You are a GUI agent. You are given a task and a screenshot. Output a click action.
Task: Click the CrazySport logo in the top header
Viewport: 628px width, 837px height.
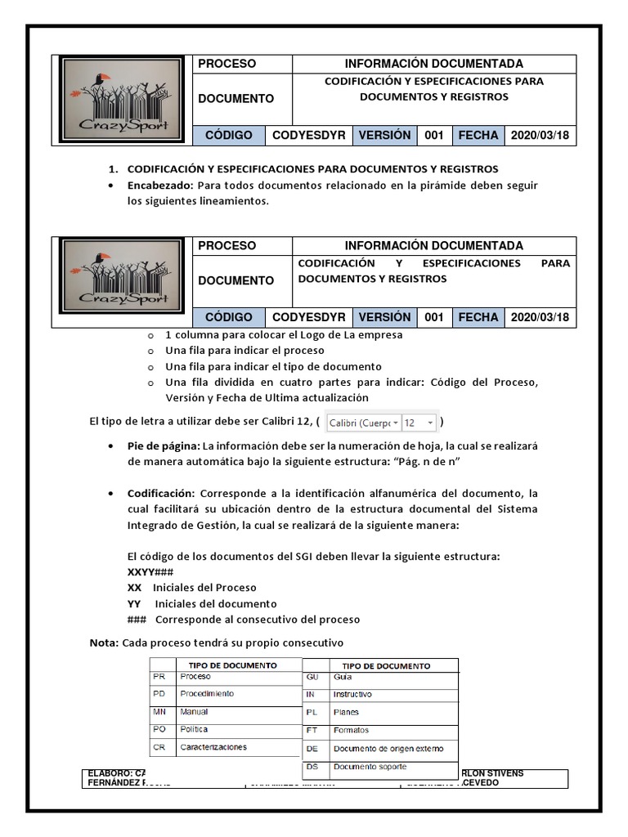(122, 100)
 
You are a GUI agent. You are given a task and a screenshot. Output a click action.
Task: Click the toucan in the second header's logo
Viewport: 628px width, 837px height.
(103, 261)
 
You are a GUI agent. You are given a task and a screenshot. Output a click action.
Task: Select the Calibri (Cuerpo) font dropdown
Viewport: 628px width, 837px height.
(364, 423)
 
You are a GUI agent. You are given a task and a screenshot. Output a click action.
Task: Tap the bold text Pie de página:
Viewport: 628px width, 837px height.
(164, 445)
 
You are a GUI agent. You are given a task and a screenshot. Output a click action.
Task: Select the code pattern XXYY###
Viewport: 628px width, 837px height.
(150, 571)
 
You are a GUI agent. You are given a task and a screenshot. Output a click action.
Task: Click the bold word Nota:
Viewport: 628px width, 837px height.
(104, 642)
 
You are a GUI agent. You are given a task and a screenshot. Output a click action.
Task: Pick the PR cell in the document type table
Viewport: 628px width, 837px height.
(159, 677)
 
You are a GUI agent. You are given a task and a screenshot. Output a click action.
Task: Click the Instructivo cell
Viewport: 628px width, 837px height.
(352, 695)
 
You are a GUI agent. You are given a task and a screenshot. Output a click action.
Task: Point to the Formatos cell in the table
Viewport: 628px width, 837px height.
(351, 730)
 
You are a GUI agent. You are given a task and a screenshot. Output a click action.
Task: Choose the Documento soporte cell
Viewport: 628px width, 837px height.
(370, 767)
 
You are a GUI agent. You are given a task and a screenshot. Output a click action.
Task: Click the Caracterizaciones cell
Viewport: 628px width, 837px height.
(213, 747)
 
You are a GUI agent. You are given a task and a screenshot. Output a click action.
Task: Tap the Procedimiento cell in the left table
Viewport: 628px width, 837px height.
(207, 694)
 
